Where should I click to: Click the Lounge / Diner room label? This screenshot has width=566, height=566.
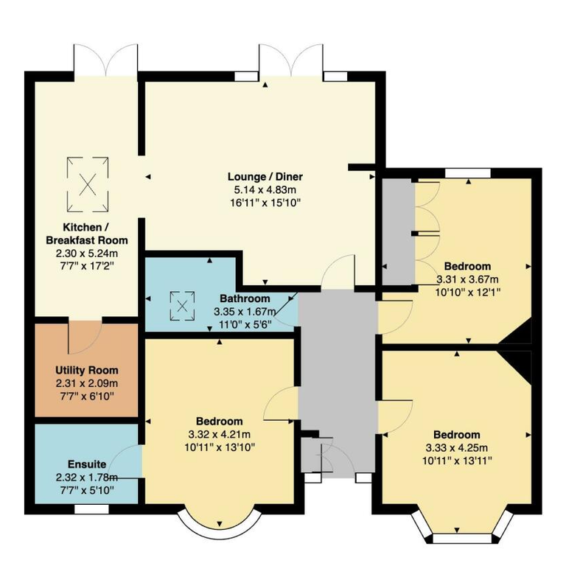[x=265, y=177]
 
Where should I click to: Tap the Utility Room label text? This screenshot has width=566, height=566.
[x=87, y=371]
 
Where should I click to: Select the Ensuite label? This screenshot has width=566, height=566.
[x=87, y=464]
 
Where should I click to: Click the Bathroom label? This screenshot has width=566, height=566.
[x=245, y=298]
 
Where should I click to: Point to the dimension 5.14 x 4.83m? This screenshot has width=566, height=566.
[x=265, y=190]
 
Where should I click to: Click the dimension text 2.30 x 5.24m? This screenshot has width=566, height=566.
[x=87, y=254]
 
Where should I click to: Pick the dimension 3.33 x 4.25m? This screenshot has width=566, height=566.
[x=457, y=448]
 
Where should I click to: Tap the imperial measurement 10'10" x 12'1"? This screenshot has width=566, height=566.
[x=468, y=292]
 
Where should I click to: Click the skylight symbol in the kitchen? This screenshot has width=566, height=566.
[x=88, y=184]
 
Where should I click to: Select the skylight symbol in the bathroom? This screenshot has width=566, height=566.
[x=182, y=306]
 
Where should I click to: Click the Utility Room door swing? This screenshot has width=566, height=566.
[x=85, y=337]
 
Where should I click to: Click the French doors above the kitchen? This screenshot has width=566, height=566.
[x=106, y=60]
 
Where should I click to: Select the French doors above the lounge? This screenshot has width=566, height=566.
[x=291, y=60]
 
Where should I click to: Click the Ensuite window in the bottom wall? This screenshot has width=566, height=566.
[x=91, y=509]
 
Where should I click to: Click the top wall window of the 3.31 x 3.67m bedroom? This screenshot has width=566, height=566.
[x=468, y=173]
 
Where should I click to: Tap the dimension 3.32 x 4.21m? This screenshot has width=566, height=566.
[x=220, y=435]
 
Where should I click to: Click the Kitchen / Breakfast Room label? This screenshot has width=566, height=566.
[x=87, y=234]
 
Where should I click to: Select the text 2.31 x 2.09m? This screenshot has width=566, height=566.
[x=87, y=383]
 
